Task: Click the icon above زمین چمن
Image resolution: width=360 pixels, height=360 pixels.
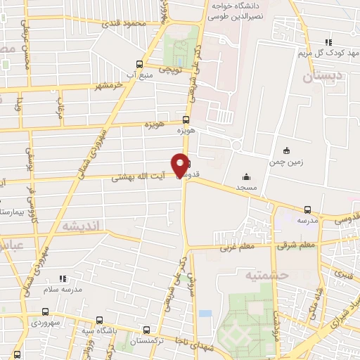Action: pos(285,150)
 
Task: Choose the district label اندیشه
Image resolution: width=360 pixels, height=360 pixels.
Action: pos(82,226)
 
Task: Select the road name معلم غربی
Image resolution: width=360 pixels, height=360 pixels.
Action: pos(236,247)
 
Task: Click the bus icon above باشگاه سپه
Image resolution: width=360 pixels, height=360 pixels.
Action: pos(99,319)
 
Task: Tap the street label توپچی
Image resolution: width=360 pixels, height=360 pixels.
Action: pos(172,70)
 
